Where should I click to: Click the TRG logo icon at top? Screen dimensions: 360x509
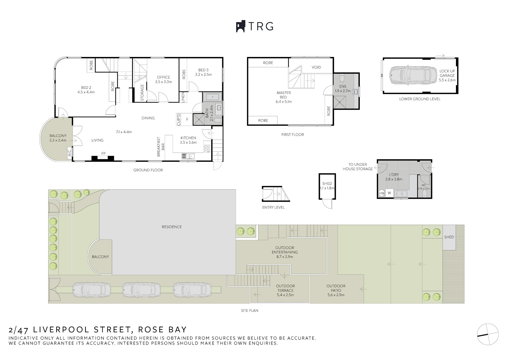[240, 27]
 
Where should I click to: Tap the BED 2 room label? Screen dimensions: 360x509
[86, 90]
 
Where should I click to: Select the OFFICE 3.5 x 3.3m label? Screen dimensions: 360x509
[163, 80]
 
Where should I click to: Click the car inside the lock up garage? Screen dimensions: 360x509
[413, 75]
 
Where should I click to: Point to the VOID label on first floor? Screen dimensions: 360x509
[316, 67]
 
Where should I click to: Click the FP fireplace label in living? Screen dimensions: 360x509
[103, 153]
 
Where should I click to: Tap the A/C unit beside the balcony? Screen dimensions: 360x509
[69, 153]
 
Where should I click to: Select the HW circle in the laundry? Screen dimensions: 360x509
[381, 194]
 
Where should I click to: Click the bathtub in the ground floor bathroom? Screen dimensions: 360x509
[212, 97]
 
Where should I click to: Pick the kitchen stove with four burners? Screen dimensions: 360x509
[207, 148]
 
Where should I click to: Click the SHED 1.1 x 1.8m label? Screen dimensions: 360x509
[327, 186]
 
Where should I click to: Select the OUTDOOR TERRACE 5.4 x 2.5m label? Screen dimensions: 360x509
[285, 290]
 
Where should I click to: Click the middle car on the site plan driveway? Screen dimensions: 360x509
[142, 289]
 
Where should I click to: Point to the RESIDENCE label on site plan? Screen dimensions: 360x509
[172, 227]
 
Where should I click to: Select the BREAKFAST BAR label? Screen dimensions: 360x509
[161, 147]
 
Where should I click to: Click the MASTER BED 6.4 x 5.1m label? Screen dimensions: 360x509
[284, 97]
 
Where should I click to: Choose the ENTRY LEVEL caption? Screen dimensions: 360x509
[273, 207]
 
